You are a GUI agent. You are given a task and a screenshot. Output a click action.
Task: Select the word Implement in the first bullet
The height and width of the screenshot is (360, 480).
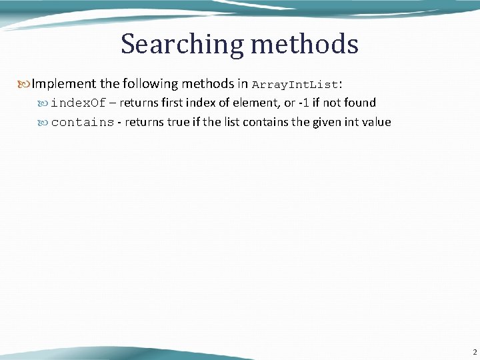click(64, 84)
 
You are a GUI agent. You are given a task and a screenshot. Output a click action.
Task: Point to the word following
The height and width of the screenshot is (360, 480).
click(148, 84)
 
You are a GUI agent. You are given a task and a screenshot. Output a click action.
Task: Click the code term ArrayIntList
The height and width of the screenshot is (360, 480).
click(295, 85)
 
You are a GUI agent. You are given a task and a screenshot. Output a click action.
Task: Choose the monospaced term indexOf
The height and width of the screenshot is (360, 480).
click(79, 103)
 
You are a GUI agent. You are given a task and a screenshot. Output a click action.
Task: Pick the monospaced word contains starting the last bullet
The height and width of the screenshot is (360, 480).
click(83, 123)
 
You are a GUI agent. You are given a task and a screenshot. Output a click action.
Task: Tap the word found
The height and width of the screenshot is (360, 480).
click(360, 103)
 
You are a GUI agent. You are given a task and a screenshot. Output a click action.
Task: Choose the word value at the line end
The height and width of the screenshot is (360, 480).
click(377, 122)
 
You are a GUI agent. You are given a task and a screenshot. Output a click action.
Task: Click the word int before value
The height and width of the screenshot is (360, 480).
click(353, 122)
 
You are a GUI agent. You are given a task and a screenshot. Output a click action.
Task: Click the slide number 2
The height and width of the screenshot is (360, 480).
click(474, 352)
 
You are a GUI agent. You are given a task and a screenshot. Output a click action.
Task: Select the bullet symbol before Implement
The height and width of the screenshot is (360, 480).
click(25, 84)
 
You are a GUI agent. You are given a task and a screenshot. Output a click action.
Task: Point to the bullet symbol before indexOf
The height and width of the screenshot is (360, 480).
click(44, 103)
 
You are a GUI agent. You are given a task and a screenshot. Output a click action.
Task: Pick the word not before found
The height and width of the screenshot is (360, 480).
click(333, 103)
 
